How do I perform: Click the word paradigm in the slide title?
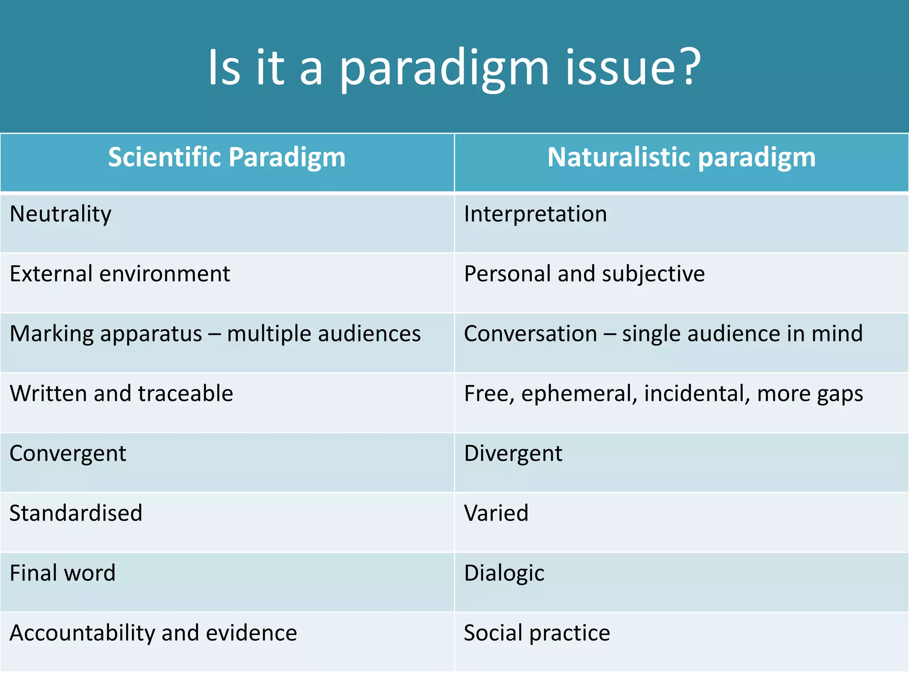pos(444,69)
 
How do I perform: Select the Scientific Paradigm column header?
pos(227,158)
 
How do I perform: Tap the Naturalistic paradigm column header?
pos(681,158)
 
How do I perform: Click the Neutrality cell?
pos(60,214)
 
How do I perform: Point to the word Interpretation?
pos(535,214)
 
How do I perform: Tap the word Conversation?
pos(530,334)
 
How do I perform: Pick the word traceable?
pos(186,393)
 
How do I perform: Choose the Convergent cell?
pos(68,454)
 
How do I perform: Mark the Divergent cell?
pos(513,454)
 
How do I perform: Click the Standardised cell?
pos(76,513)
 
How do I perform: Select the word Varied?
pos(496,513)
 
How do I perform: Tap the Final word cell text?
pos(63,573)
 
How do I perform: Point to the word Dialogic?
pos(504,573)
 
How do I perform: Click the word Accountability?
pos(82,633)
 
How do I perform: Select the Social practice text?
pos(537,633)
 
